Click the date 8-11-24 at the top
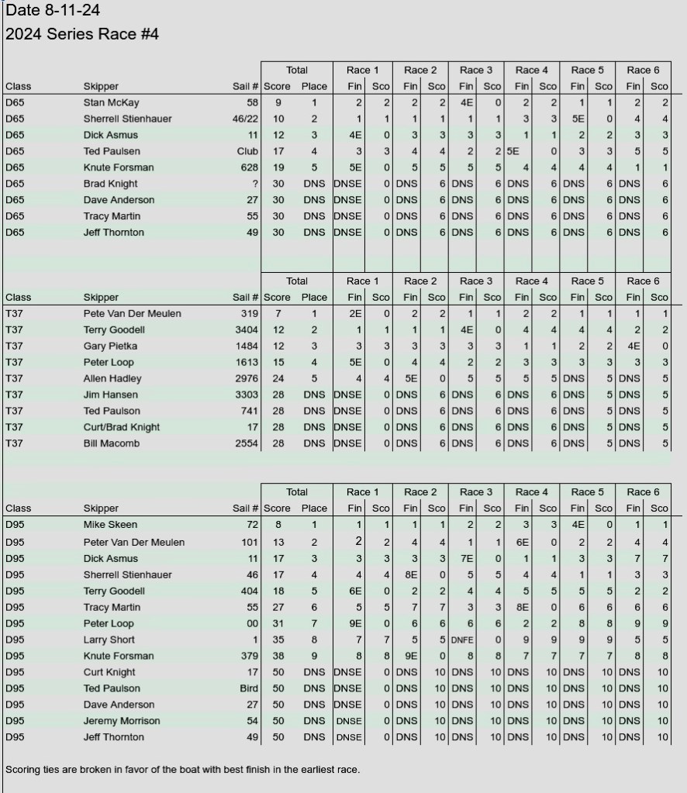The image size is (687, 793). [53, 11]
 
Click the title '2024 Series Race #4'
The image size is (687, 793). [82, 34]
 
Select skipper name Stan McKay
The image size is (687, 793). [111, 102]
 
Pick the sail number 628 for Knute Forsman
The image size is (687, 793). [250, 167]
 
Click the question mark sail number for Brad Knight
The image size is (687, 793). [254, 184]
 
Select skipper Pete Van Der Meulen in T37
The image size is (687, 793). [133, 314]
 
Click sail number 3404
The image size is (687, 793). [247, 330]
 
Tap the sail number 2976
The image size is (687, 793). [247, 379]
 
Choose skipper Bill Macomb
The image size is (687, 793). [112, 443]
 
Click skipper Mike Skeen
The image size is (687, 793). [110, 526]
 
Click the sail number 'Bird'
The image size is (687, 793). [249, 688]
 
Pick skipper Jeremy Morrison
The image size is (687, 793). [122, 721]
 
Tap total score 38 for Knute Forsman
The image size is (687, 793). [278, 656]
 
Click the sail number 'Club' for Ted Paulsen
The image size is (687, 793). [247, 151]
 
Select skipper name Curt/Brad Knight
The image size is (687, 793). [122, 427]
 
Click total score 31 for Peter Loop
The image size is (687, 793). [278, 623]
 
